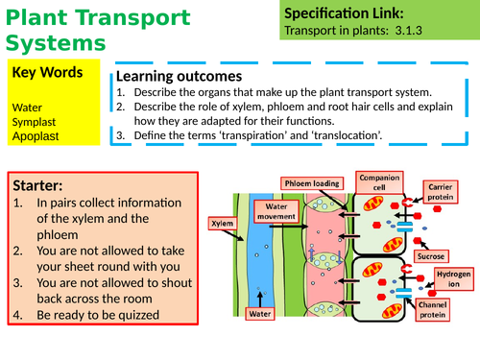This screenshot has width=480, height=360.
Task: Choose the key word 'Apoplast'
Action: [36, 136]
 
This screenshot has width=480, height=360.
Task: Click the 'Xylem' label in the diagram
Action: [222, 222]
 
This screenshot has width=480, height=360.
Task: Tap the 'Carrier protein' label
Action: [444, 185]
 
